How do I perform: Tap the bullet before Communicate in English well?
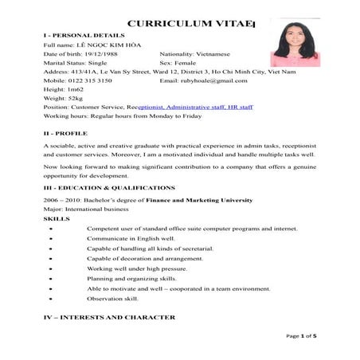point(52,239)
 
